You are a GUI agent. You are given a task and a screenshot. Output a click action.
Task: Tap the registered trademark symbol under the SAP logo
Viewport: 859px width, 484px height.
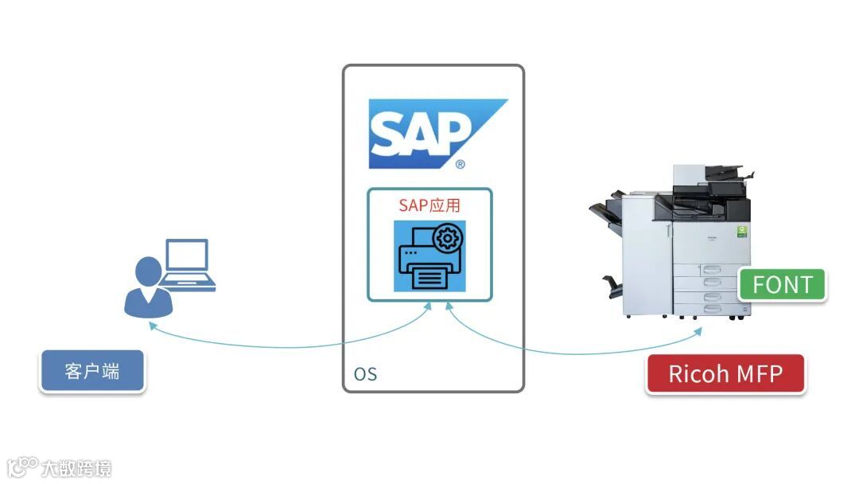(x=460, y=165)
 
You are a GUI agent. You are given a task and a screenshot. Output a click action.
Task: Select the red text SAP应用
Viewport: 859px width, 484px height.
(x=429, y=205)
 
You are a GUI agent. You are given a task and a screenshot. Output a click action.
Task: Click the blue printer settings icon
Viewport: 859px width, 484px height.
(x=429, y=256)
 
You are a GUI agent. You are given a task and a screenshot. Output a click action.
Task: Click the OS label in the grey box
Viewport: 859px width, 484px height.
(x=365, y=374)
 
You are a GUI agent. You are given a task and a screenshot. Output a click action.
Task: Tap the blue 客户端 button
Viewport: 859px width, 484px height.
(x=92, y=371)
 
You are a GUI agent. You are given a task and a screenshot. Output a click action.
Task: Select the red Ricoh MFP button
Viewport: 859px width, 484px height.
(x=725, y=373)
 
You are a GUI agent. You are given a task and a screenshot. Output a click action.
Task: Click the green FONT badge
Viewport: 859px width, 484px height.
(x=782, y=284)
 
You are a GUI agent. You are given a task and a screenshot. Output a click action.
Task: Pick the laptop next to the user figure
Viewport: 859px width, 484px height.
(x=187, y=264)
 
